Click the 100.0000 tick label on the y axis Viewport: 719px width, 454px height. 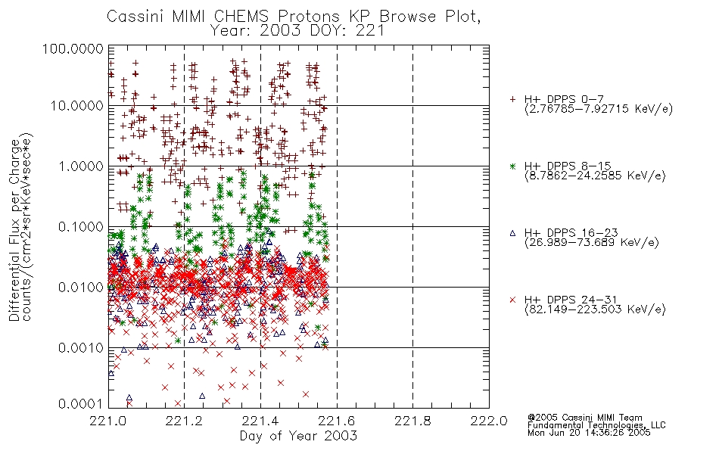coord(73,48)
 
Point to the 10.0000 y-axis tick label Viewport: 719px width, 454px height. coord(76,106)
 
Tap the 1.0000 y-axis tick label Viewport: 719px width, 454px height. coord(81,166)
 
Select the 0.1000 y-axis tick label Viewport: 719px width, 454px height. coord(81,226)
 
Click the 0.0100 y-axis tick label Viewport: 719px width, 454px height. coord(81,287)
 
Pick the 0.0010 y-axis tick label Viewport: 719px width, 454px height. coord(81,347)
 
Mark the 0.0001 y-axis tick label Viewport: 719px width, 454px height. coord(81,403)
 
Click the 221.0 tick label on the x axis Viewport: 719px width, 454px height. coord(107,421)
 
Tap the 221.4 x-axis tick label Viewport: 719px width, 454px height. coord(260,421)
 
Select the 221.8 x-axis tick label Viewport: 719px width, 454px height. coord(412,421)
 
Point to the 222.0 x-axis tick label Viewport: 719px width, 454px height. coord(489,421)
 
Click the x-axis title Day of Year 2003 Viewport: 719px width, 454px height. coord(298,435)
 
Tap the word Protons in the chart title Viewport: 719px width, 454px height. coord(308,16)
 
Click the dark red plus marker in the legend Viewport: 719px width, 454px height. coord(512,99)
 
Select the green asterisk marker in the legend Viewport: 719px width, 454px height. coord(512,166)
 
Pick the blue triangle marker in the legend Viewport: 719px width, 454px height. coord(512,233)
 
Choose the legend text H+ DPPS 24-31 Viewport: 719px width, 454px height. coord(571,300)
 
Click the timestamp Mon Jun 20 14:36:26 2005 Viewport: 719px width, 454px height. coord(589,433)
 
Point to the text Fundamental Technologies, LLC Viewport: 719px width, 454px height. coord(596,425)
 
